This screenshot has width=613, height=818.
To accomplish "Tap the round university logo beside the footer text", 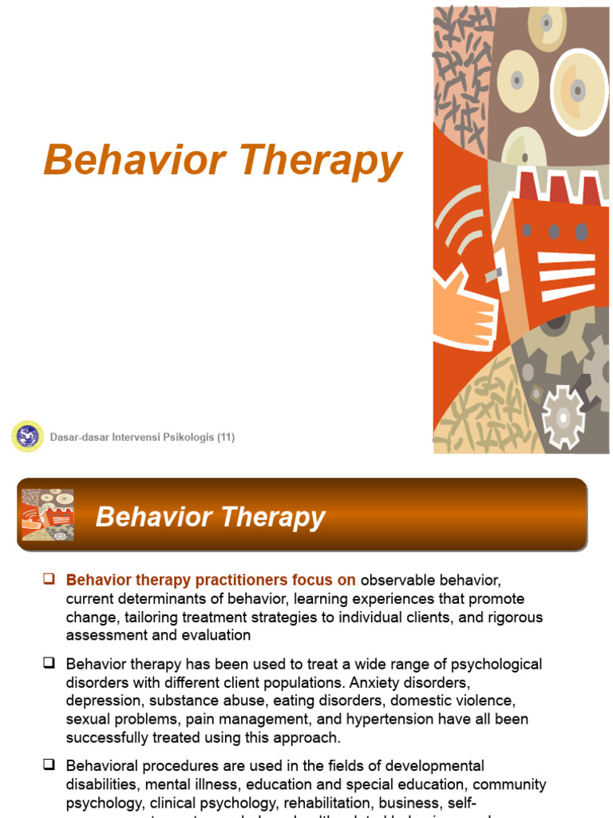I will point(28,437).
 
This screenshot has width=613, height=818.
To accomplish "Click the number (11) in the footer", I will point(226,437).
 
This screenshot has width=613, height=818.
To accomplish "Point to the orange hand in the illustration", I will point(464,308).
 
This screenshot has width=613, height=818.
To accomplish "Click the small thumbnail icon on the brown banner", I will point(48,514).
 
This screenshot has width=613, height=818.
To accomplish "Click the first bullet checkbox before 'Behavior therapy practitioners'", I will point(49,578).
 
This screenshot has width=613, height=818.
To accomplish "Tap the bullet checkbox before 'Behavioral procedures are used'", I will point(49,764).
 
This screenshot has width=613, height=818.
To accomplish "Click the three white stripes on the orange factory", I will point(568,276).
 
